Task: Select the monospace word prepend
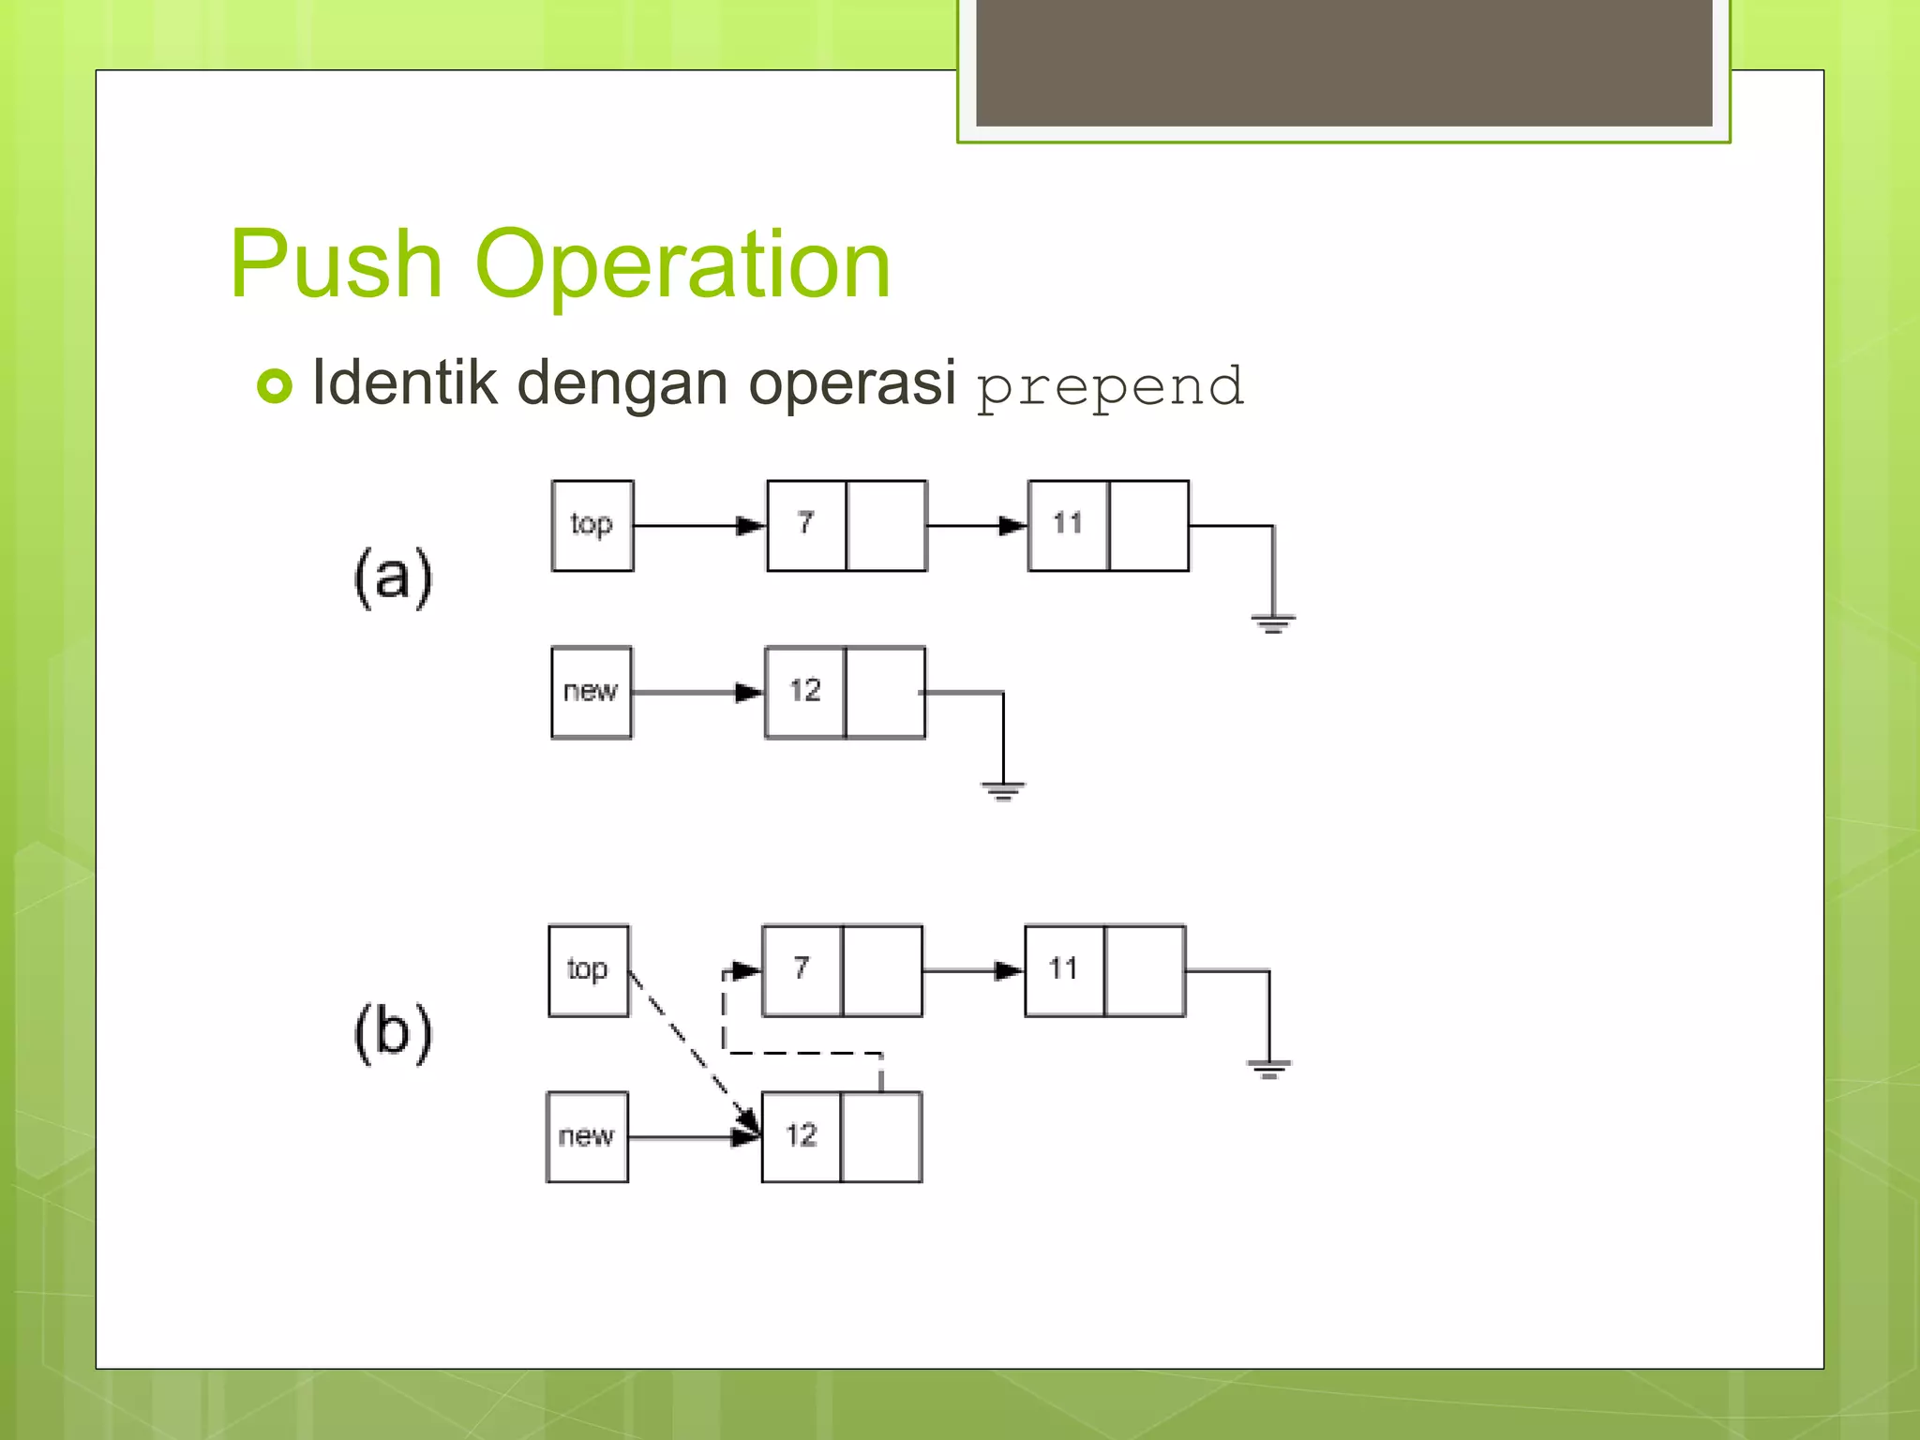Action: (x=1110, y=386)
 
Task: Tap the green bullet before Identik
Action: (x=275, y=385)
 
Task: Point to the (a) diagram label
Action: (x=393, y=576)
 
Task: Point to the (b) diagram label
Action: (x=393, y=1031)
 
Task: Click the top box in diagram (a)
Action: (x=592, y=525)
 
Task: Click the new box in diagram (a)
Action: (x=592, y=692)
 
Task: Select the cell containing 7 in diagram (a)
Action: (x=806, y=525)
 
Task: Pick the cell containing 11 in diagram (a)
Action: (x=1068, y=525)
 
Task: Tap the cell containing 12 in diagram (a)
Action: (x=805, y=692)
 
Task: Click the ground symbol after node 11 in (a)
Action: (x=1272, y=622)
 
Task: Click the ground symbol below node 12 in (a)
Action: (x=1003, y=789)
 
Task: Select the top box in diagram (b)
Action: (x=589, y=970)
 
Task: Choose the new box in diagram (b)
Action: (x=587, y=1136)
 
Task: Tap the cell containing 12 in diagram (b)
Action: (x=802, y=1136)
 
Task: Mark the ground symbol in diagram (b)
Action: (x=1268, y=1068)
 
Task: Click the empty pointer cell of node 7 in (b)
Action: (x=882, y=970)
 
